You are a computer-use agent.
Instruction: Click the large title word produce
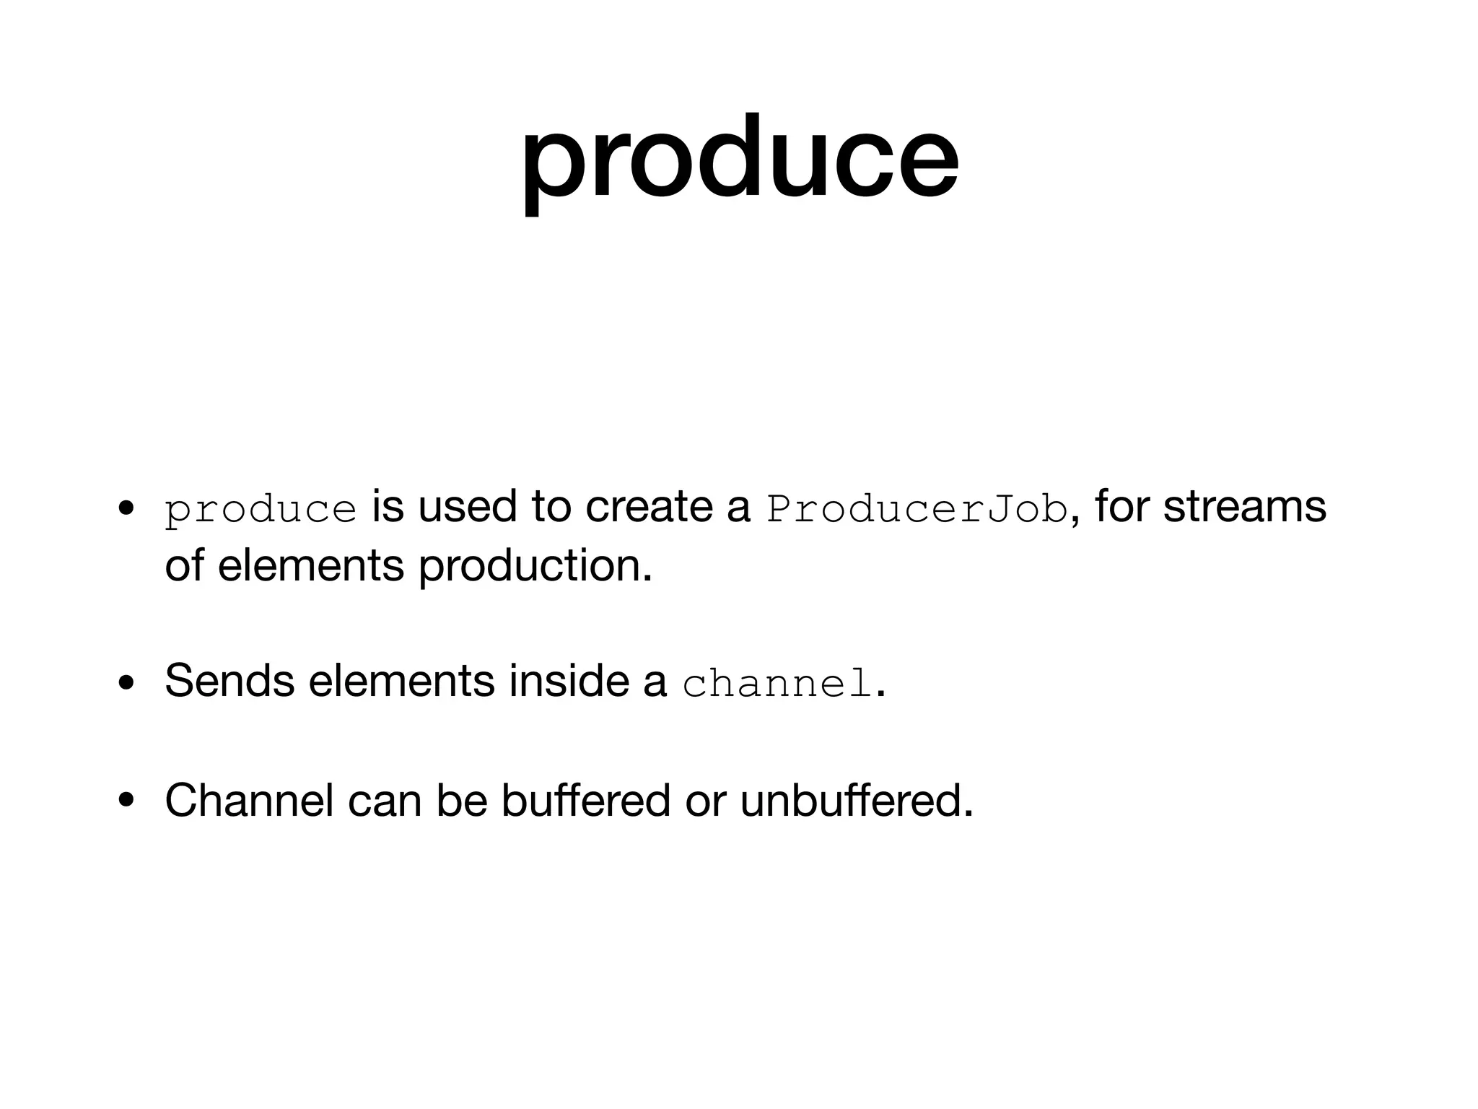coord(740,160)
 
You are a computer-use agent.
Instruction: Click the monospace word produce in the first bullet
coord(261,509)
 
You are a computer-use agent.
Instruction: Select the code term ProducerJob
coord(917,509)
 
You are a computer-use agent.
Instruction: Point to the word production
coord(535,565)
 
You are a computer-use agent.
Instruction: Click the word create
coord(649,506)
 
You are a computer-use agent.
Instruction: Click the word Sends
coord(229,680)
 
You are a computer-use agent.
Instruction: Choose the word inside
coord(568,680)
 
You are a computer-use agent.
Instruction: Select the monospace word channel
coord(777,684)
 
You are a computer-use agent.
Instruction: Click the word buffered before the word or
coord(585,800)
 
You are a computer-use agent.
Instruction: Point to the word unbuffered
coord(857,800)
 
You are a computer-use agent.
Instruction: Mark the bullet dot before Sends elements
coord(127,683)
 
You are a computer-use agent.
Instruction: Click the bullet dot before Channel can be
coord(127,801)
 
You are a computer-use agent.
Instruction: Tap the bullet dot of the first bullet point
coord(127,508)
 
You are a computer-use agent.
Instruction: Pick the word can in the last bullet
coord(385,801)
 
